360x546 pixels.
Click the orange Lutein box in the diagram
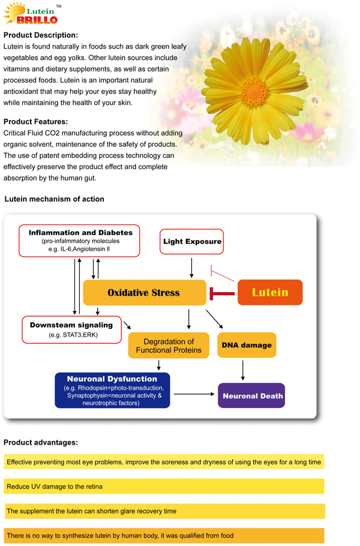[270, 293]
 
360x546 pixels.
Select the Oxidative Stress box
[145, 293]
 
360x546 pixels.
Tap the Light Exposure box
[191, 241]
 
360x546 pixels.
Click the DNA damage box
[247, 345]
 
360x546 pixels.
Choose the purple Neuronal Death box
[251, 395]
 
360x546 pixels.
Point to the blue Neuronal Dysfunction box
[112, 391]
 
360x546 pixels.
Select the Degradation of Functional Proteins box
[169, 346]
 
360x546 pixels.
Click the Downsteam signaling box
[72, 330]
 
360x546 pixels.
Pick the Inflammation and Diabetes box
[79, 241]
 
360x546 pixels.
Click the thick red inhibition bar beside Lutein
[222, 293]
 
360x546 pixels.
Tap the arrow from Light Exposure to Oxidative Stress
[191, 268]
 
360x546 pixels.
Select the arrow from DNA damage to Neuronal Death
[242, 370]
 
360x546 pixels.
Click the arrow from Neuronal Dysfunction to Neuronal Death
[194, 394]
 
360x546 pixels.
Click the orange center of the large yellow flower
[255, 91]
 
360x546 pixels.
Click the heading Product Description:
[41, 35]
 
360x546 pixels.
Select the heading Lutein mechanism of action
[55, 199]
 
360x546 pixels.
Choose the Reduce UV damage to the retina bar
[164, 487]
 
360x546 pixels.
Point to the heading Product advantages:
[41, 443]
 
